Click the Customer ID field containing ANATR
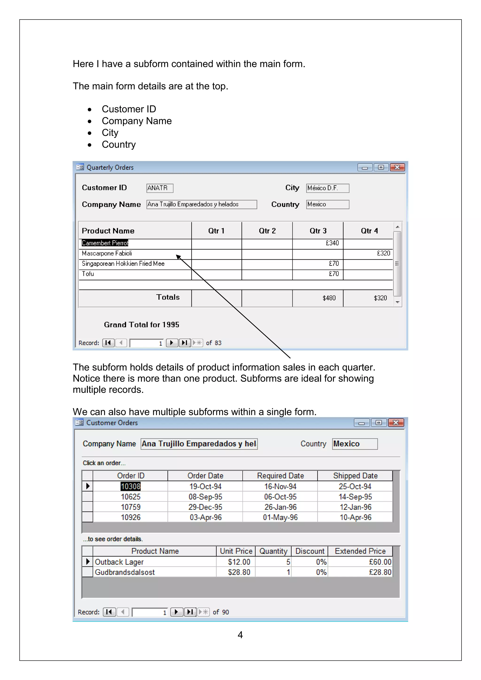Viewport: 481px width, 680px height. (160, 188)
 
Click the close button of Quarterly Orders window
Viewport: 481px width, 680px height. (397, 167)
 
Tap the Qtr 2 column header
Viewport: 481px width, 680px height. (267, 231)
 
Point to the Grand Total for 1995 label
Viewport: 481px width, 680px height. (142, 325)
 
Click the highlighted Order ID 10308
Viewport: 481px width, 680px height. (131, 486)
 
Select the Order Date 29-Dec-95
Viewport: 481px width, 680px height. (205, 507)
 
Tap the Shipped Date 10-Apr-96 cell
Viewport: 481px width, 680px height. (355, 518)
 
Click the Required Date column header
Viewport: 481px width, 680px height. (280, 476)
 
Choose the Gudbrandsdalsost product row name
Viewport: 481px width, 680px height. (125, 572)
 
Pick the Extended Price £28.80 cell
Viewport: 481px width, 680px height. (380, 572)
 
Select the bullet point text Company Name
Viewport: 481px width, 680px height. (136, 121)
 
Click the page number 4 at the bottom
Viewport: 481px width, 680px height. (240, 635)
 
